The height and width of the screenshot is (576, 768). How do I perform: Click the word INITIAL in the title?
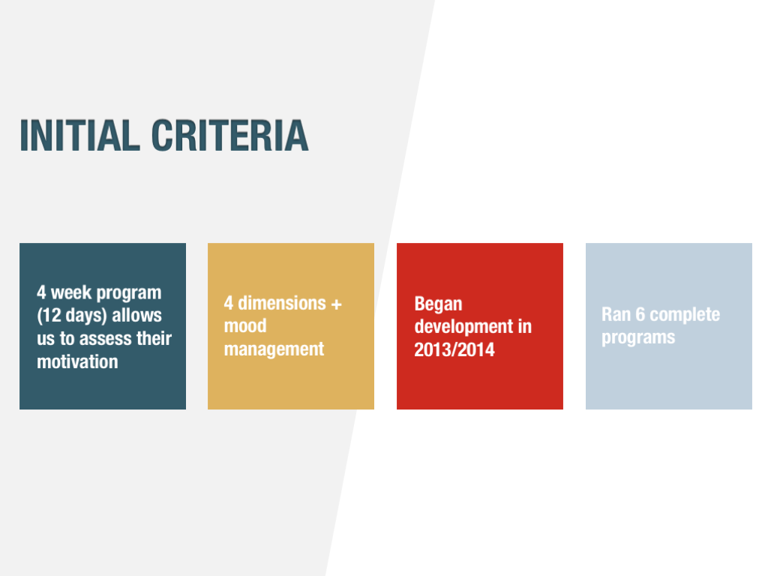[x=79, y=135]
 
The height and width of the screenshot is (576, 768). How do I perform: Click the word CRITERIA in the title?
[x=229, y=135]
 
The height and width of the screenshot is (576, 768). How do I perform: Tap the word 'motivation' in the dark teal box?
[x=77, y=362]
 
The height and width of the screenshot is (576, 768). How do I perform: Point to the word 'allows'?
[x=136, y=316]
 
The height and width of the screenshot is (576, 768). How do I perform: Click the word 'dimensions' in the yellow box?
[x=282, y=303]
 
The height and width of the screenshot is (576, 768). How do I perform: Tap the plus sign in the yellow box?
[x=336, y=304]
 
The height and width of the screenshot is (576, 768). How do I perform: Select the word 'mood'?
[x=245, y=325]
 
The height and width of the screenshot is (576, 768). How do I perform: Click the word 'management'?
[x=274, y=349]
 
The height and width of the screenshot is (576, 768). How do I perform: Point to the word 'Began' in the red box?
[x=438, y=304]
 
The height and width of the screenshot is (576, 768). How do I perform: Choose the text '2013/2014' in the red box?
[x=454, y=349]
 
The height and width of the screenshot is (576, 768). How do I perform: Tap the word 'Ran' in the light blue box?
[x=616, y=314]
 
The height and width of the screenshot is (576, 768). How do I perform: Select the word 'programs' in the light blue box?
[x=638, y=338]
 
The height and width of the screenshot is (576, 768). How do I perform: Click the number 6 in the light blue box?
[x=640, y=314]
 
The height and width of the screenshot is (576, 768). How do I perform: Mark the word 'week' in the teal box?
[x=71, y=293]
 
